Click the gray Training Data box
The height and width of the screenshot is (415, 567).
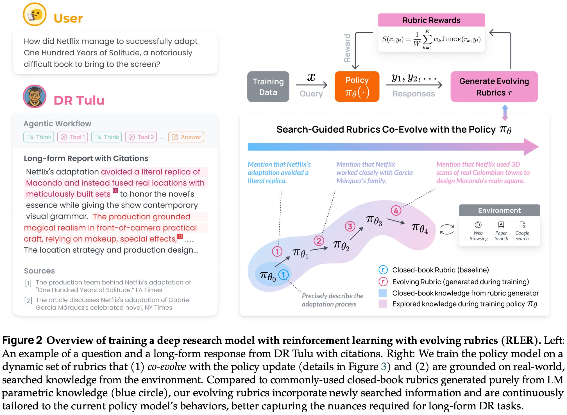pos(268,87)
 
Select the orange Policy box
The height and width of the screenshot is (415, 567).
pos(357,87)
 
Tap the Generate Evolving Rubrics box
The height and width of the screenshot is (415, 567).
pos(494,87)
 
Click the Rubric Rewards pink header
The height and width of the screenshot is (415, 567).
pos(431,20)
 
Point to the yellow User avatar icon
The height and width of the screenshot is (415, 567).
pos(35,14)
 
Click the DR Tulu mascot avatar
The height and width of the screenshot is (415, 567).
pos(35,96)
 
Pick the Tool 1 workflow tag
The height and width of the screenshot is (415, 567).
pos(72,137)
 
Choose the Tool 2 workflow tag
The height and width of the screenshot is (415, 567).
pos(141,137)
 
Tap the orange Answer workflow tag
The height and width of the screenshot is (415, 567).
pos(186,137)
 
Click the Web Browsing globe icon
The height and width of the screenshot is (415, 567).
pos(478,225)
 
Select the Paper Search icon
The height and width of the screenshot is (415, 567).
pos(501,225)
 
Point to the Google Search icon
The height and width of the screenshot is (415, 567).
pos(522,225)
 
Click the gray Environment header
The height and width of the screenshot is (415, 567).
pos(499,210)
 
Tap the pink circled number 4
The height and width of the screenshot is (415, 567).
pos(396,210)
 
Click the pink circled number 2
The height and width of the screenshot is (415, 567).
pos(319,241)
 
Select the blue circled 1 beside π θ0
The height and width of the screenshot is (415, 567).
pos(283,275)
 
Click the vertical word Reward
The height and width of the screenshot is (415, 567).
pos(347,48)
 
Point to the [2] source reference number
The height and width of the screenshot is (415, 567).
pos(28,301)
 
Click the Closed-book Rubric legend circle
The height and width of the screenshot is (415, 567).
pos(383,270)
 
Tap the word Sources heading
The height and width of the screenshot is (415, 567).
pos(39,271)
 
